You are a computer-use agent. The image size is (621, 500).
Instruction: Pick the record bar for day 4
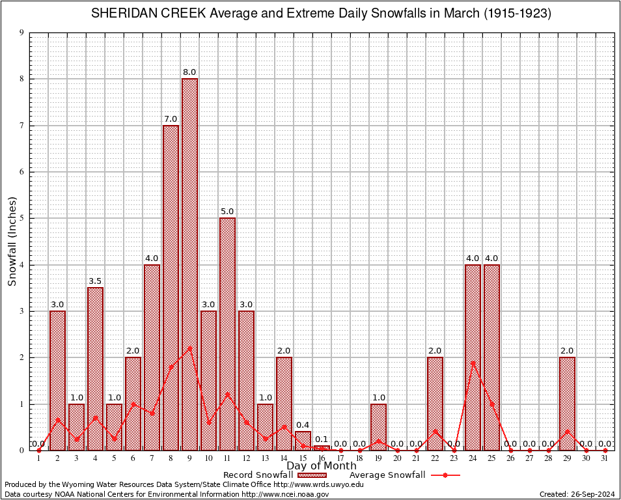95,368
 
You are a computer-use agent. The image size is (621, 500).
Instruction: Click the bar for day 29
567,404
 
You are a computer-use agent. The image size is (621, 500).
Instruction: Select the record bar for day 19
378,426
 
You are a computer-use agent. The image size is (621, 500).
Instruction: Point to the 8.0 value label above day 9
189,72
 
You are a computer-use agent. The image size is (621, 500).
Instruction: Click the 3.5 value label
95,281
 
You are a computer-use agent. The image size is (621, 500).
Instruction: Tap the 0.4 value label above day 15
303,425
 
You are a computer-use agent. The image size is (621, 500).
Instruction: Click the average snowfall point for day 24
473,362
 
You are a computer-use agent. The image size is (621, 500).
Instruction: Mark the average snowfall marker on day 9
189,347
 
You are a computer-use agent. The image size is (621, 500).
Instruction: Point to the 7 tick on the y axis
22,126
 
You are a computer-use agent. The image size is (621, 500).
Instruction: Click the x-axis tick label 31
605,458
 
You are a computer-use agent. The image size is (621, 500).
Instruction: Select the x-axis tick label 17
340,458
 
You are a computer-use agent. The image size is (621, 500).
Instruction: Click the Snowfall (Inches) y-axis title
12,241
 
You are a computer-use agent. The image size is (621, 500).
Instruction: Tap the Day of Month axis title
322,465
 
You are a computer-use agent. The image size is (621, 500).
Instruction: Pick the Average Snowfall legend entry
404,475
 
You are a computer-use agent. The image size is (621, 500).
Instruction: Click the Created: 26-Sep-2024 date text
577,494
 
